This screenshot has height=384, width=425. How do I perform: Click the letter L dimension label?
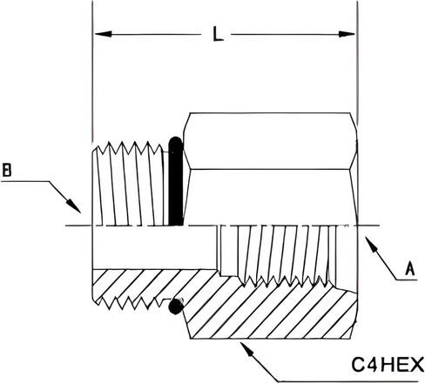[218, 34]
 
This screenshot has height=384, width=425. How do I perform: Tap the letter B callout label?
[7, 170]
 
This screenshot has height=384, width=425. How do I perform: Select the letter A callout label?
[410, 268]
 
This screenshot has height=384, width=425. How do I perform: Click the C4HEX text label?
[388, 365]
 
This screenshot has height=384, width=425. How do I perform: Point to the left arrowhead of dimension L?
[103, 34]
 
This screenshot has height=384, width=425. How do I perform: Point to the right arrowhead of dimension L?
[347, 34]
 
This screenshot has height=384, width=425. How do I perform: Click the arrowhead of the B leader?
[74, 205]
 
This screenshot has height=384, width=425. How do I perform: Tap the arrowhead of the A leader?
[372, 246]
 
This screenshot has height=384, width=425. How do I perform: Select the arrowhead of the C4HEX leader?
[246, 349]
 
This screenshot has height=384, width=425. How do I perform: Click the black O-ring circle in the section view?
[176, 306]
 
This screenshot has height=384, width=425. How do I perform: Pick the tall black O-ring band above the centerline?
[176, 181]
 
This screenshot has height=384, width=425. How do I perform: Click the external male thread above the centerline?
[130, 184]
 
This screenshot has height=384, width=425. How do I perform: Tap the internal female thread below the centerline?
[277, 255]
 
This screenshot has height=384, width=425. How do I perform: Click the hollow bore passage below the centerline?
[154, 247]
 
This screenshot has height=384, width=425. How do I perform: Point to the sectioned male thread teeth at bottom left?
[129, 303]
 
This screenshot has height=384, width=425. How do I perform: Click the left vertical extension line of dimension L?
[92, 70]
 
